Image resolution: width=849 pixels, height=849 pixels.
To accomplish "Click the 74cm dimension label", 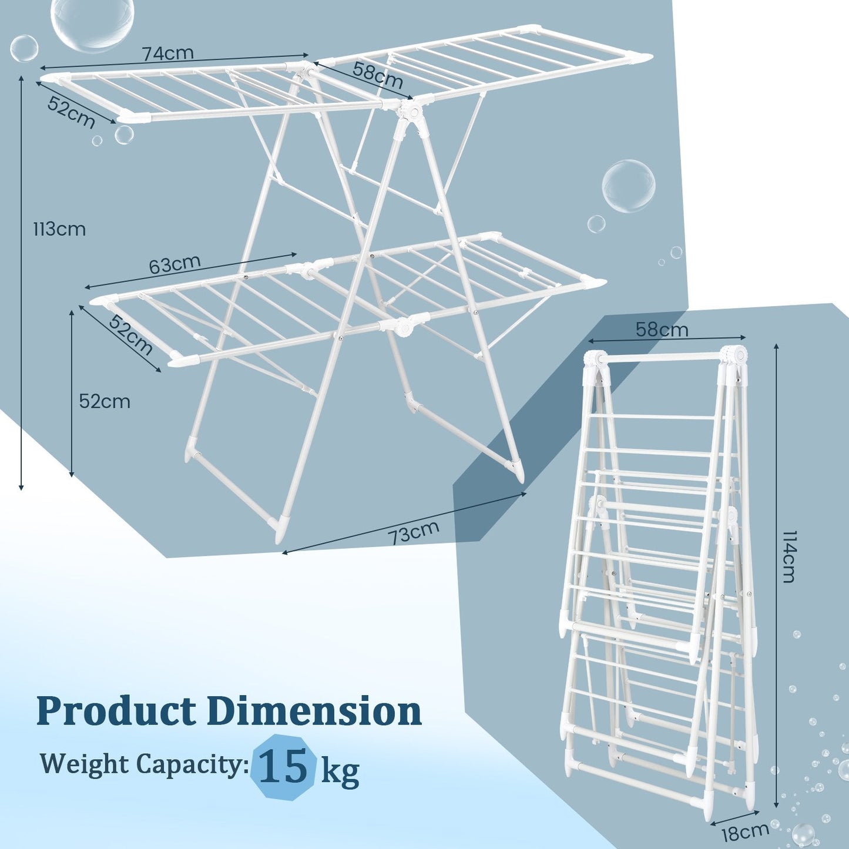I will click(x=167, y=53).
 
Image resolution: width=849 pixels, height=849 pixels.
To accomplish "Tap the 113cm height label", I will click(x=59, y=229).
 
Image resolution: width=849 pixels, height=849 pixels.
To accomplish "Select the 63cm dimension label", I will click(x=175, y=264).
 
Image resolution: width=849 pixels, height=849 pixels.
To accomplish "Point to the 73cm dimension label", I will click(x=413, y=533).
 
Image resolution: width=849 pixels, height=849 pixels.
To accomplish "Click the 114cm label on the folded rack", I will click(x=787, y=556).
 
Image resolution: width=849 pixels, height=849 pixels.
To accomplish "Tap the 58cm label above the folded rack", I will click(x=662, y=329).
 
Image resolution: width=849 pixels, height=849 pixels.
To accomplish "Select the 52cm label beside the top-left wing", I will click(x=71, y=112).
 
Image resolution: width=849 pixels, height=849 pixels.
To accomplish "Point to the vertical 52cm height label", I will click(x=105, y=401).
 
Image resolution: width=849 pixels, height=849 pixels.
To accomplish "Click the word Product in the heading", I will click(x=116, y=711).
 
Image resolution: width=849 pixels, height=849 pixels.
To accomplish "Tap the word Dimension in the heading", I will click(x=314, y=711).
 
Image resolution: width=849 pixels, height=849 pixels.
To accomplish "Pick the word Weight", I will click(x=85, y=764).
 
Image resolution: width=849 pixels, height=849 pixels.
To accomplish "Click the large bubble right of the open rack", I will click(x=628, y=186).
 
